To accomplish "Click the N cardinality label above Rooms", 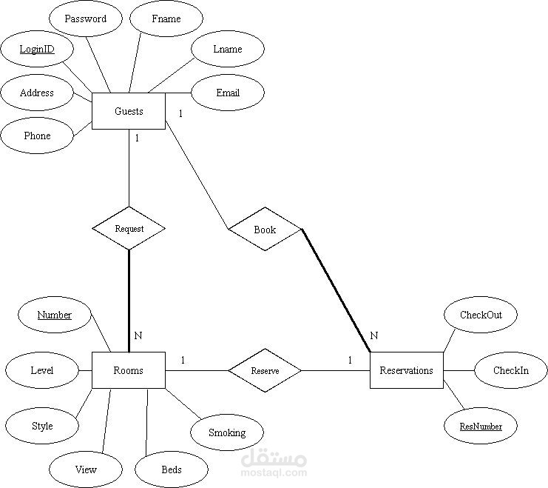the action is click(x=138, y=335).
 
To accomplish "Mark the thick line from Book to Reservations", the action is click(x=336, y=290).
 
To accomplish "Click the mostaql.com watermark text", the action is click(x=274, y=472).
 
